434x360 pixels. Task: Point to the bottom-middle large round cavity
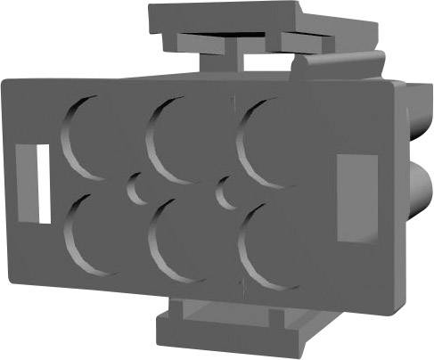[178, 240]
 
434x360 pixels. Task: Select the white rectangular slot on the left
[40, 184]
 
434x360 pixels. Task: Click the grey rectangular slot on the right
[356, 197]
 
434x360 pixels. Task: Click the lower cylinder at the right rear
[419, 192]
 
